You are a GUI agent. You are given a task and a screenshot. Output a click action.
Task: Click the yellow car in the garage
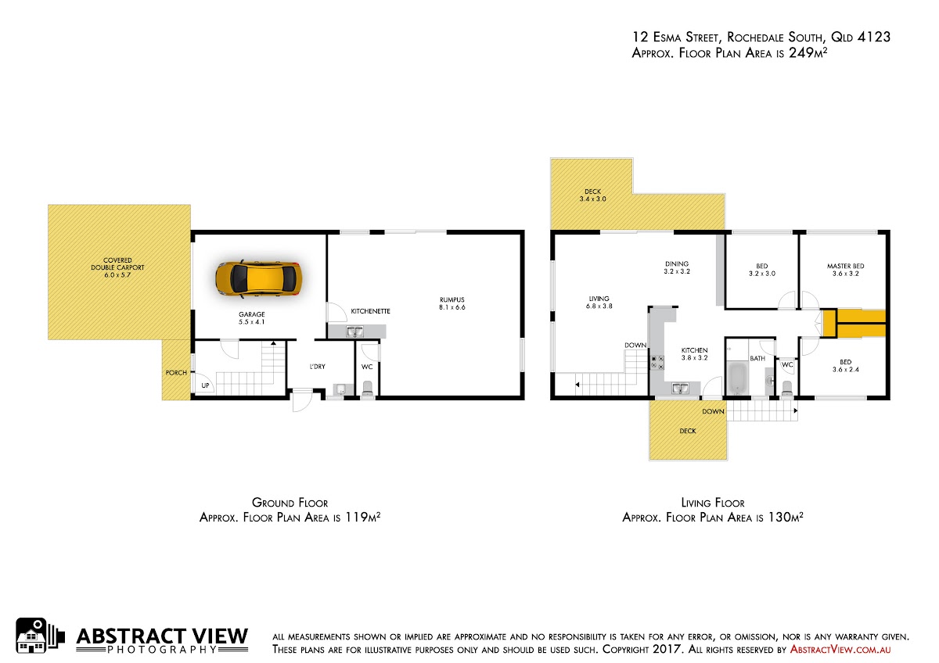[259, 279]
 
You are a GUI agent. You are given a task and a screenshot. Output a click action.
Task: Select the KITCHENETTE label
[371, 311]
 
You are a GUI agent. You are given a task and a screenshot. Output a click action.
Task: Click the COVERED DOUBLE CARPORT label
[117, 267]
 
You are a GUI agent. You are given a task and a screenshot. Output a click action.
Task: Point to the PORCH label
[176, 372]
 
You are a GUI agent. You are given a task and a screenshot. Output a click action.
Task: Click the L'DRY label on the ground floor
[318, 367]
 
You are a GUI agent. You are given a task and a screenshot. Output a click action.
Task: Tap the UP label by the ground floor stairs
[205, 385]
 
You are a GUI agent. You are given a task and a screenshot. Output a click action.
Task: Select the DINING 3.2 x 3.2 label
[677, 267]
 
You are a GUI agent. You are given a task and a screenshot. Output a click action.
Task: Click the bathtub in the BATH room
[738, 378]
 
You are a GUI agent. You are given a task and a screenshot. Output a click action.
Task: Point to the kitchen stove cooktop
[657, 362]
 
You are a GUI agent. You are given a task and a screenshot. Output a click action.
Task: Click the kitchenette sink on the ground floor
[354, 331]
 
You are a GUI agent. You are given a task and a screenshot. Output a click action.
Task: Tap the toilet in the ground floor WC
[367, 388]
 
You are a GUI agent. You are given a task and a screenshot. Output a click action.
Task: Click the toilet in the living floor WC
[787, 388]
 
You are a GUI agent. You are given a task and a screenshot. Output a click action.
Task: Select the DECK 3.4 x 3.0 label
[593, 195]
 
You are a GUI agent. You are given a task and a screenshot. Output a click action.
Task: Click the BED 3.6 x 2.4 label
[846, 366]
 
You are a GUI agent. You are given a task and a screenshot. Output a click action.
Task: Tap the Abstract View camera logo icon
[40, 636]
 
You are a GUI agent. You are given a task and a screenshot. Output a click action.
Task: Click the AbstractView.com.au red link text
[840, 650]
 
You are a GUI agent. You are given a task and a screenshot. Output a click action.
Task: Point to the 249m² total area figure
[808, 52]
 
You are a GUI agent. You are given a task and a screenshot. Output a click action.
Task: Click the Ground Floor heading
[290, 503]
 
